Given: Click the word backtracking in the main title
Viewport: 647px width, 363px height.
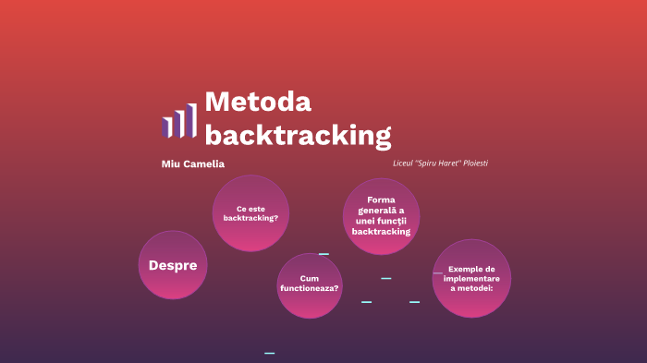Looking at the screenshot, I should pyautogui.click(x=298, y=135).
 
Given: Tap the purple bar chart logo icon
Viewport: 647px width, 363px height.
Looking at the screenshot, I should pyautogui.click(x=179, y=120).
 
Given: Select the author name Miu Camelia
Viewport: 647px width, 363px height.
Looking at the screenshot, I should pyautogui.click(x=192, y=164).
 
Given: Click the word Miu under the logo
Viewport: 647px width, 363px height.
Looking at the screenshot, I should pyautogui.click(x=170, y=164).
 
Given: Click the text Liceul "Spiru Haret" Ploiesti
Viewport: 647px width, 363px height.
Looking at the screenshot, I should pyautogui.click(x=440, y=163).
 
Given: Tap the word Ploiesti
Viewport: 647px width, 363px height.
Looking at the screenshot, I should pyautogui.click(x=471, y=163).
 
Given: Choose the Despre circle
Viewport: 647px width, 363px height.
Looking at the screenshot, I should pyautogui.click(x=173, y=265).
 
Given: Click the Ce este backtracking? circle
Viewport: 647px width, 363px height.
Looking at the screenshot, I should pyautogui.click(x=250, y=213).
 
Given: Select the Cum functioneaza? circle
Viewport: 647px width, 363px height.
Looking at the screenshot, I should pyautogui.click(x=310, y=284).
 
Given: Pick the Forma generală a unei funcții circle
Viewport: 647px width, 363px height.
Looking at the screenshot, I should pyautogui.click(x=381, y=216).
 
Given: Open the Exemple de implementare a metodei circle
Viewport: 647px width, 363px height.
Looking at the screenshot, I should pyautogui.click(x=471, y=278).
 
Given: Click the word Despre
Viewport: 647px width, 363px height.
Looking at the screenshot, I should pyautogui.click(x=173, y=265).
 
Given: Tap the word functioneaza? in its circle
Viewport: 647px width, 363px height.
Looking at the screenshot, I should pyautogui.click(x=310, y=289).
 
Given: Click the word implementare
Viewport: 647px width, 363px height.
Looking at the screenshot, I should pyautogui.click(x=472, y=278).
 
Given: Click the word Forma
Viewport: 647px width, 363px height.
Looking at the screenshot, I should pyautogui.click(x=381, y=200).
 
